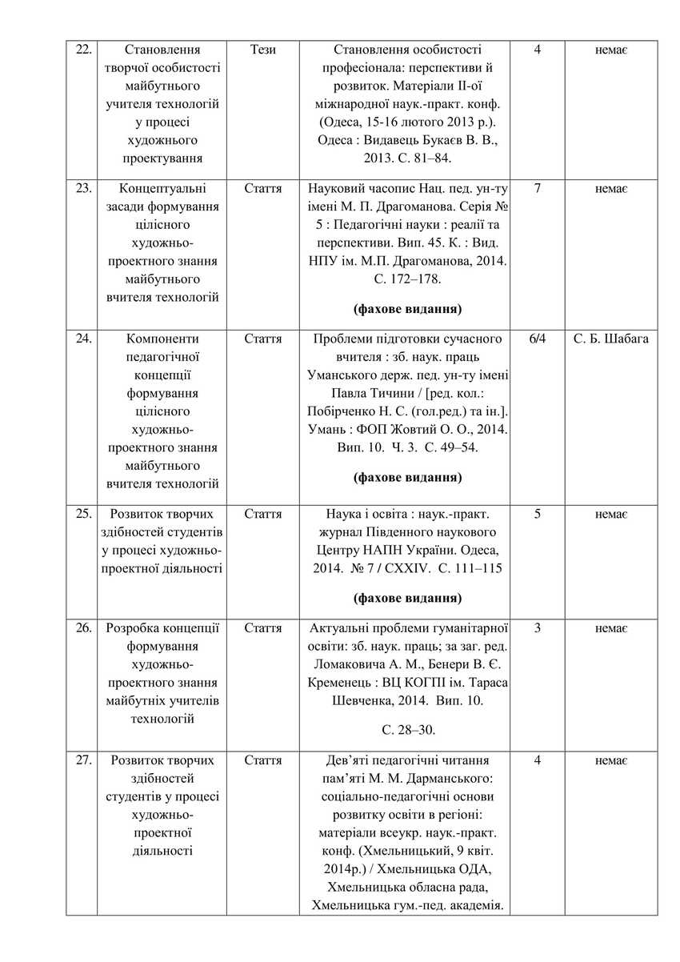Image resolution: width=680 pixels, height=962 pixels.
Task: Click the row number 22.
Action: [82, 50]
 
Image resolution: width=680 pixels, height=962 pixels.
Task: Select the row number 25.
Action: [82, 514]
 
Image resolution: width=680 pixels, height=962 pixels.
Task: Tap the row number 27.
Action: [82, 760]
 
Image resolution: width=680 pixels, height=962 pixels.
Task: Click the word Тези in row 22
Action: [263, 50]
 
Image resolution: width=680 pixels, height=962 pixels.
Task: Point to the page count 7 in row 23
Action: [537, 189]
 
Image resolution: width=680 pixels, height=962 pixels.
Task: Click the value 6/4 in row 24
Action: [537, 339]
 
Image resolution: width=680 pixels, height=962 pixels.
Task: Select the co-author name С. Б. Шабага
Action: [611, 339]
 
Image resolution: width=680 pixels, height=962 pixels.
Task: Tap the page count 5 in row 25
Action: [537, 514]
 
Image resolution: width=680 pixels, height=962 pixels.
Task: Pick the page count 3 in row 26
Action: [537, 628]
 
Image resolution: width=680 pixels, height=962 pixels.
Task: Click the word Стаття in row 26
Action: [263, 628]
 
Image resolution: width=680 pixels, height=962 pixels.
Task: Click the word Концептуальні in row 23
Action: [162, 189]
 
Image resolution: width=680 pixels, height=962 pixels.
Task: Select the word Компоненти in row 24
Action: [162, 339]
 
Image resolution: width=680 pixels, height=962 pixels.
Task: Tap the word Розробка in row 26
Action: [130, 628]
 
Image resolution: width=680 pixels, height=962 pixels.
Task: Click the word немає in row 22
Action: [611, 50]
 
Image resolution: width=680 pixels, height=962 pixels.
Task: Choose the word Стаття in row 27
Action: [263, 760]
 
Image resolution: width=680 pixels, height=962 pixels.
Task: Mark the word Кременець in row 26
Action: [338, 683]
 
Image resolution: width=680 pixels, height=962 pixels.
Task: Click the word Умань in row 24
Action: [324, 428]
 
